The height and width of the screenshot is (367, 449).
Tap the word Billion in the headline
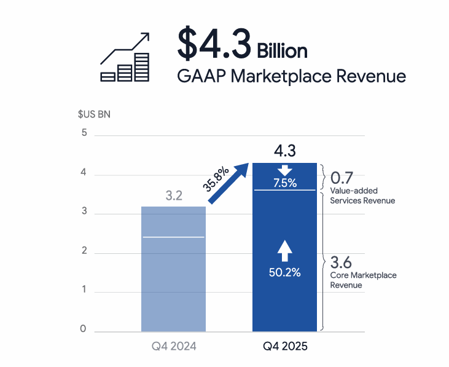click(282, 50)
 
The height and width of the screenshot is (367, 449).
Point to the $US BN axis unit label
click(94, 114)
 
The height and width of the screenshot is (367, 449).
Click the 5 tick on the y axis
click(84, 133)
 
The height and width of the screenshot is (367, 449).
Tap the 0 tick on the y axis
click(84, 330)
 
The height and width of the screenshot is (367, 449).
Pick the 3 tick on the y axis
click(84, 213)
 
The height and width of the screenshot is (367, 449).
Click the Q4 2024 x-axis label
click(174, 347)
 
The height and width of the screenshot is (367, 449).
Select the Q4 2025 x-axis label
click(285, 347)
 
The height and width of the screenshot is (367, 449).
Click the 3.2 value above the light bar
click(174, 197)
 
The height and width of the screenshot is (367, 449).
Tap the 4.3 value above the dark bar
click(284, 151)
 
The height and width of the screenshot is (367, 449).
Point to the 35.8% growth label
click(216, 178)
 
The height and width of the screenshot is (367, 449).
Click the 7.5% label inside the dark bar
click(284, 183)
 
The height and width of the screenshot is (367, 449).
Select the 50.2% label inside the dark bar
click(284, 272)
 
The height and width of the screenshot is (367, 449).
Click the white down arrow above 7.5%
click(284, 170)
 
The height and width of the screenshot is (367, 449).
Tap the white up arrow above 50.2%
click(284, 251)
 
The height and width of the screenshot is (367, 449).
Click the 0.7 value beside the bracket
click(342, 178)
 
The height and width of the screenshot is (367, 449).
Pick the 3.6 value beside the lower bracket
click(342, 263)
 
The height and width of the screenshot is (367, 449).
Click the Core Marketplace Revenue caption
click(363, 280)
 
